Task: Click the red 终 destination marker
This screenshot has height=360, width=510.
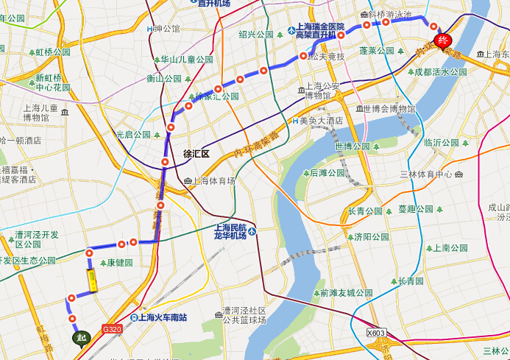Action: tap(442, 40)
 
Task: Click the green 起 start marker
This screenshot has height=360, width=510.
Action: tap(80, 337)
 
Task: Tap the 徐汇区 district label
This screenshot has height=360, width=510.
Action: tap(196, 154)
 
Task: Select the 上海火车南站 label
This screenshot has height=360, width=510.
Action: tap(163, 317)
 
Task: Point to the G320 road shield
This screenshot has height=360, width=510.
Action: tap(113, 329)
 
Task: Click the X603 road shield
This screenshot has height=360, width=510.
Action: tap(376, 333)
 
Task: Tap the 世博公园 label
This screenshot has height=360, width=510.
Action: tap(352, 146)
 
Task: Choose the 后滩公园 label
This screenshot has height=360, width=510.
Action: tap(327, 173)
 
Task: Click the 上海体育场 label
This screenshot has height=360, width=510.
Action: tap(214, 180)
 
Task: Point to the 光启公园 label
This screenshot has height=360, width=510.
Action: tap(133, 135)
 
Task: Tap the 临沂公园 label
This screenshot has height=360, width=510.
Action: tap(442, 142)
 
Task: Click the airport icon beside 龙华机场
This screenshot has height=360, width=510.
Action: tap(252, 231)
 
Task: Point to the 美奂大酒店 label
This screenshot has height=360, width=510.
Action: tap(322, 121)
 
